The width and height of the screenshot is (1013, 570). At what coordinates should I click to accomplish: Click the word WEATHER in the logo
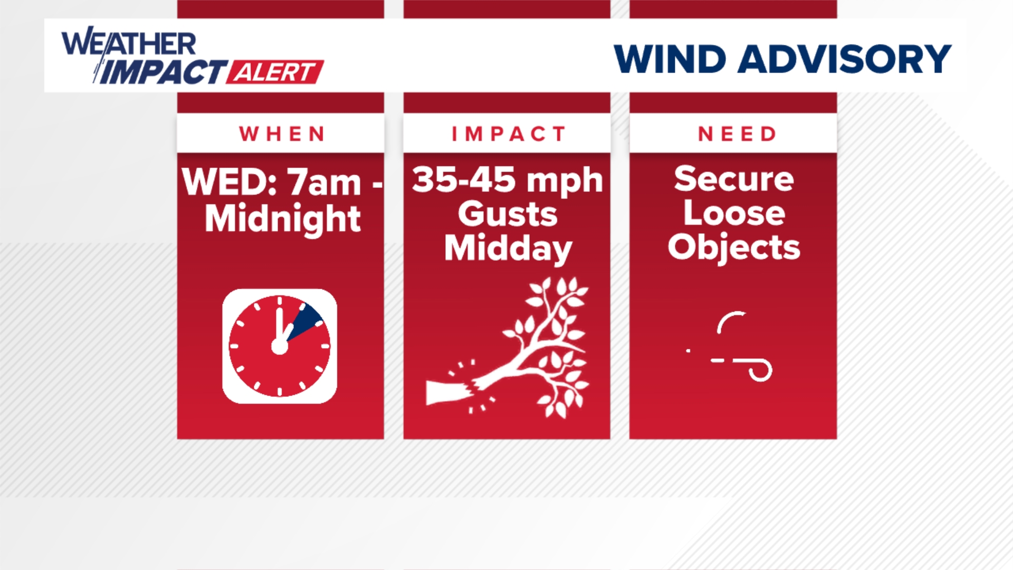coord(129,43)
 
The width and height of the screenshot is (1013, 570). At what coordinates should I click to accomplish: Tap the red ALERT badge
coord(275,72)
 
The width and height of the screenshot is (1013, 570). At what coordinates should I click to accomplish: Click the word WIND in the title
coord(670,59)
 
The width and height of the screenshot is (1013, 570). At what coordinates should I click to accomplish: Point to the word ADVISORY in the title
coord(844,59)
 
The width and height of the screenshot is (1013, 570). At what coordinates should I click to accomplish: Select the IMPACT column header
coord(508,134)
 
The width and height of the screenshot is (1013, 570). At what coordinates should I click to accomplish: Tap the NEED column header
coord(737,134)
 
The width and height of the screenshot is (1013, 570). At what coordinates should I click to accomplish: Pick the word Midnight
coord(283,218)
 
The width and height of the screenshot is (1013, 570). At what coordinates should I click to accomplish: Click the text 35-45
coord(463,179)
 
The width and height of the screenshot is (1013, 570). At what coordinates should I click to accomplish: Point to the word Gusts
coord(507,214)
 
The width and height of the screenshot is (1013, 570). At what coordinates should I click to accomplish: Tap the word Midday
coord(508,248)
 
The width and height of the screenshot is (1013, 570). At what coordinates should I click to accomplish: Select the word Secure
coord(733,179)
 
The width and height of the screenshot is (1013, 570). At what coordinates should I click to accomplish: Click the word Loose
coord(734,213)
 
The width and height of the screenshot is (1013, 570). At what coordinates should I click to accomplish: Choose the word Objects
coord(733,247)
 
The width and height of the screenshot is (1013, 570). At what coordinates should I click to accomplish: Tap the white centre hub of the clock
coord(280,346)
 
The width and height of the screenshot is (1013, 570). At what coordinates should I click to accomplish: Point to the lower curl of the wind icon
coord(759,369)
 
